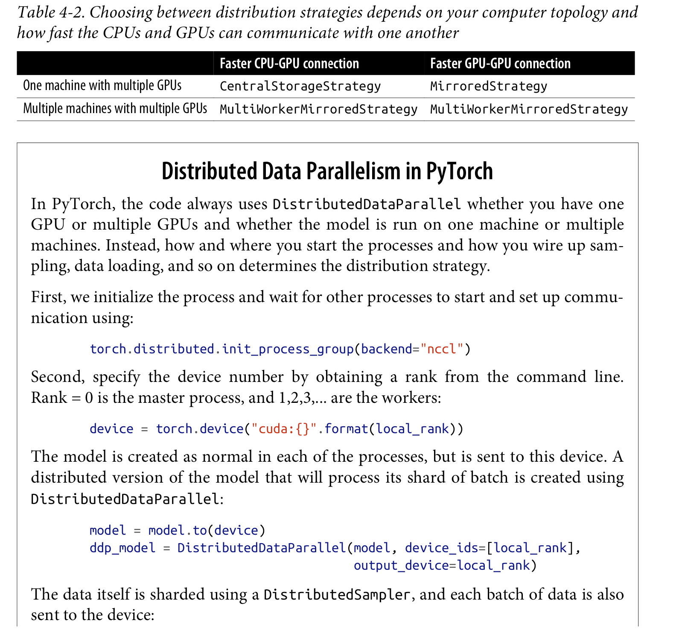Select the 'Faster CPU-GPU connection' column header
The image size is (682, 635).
289,64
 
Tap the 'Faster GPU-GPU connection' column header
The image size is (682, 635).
500,64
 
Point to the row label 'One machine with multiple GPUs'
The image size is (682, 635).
102,86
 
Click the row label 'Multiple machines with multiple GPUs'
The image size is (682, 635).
115,109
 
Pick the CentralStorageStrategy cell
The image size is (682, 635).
300,86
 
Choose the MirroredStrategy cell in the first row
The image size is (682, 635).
488,86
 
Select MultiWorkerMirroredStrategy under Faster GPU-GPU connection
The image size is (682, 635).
529,109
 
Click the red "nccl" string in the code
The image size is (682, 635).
442,349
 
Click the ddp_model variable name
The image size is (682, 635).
122,548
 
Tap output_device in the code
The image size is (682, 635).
401,565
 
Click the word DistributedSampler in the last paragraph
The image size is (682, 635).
337,594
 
